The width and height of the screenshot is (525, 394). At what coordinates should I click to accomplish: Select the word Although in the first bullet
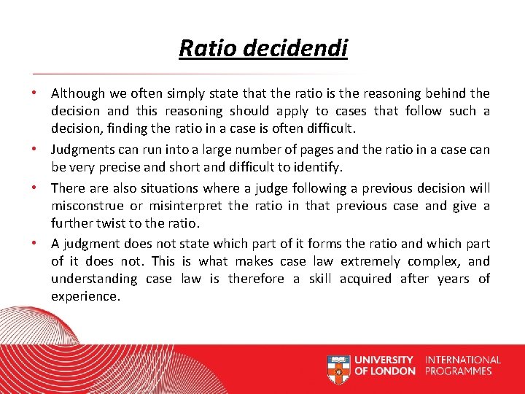tap(77, 93)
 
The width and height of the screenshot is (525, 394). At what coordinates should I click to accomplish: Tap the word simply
tap(181, 93)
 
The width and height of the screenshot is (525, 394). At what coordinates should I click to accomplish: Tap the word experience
tap(84, 296)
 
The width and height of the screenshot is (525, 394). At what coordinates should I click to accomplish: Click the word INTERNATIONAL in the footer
tap(462, 360)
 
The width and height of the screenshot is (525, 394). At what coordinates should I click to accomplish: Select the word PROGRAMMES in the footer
tap(459, 371)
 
